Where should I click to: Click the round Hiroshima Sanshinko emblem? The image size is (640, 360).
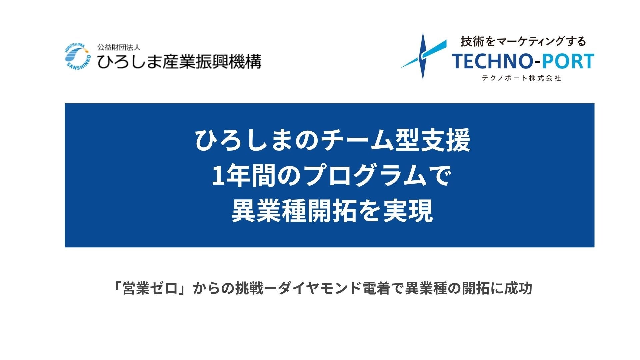(77, 56)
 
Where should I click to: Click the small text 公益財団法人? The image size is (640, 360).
(119, 47)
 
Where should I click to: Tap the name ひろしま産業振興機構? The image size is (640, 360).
(179, 61)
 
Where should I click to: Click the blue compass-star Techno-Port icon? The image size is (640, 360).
(423, 56)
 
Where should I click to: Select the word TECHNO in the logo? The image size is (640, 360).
(491, 61)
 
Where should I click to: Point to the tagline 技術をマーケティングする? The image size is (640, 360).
(523, 41)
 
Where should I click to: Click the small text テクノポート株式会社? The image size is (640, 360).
(521, 78)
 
